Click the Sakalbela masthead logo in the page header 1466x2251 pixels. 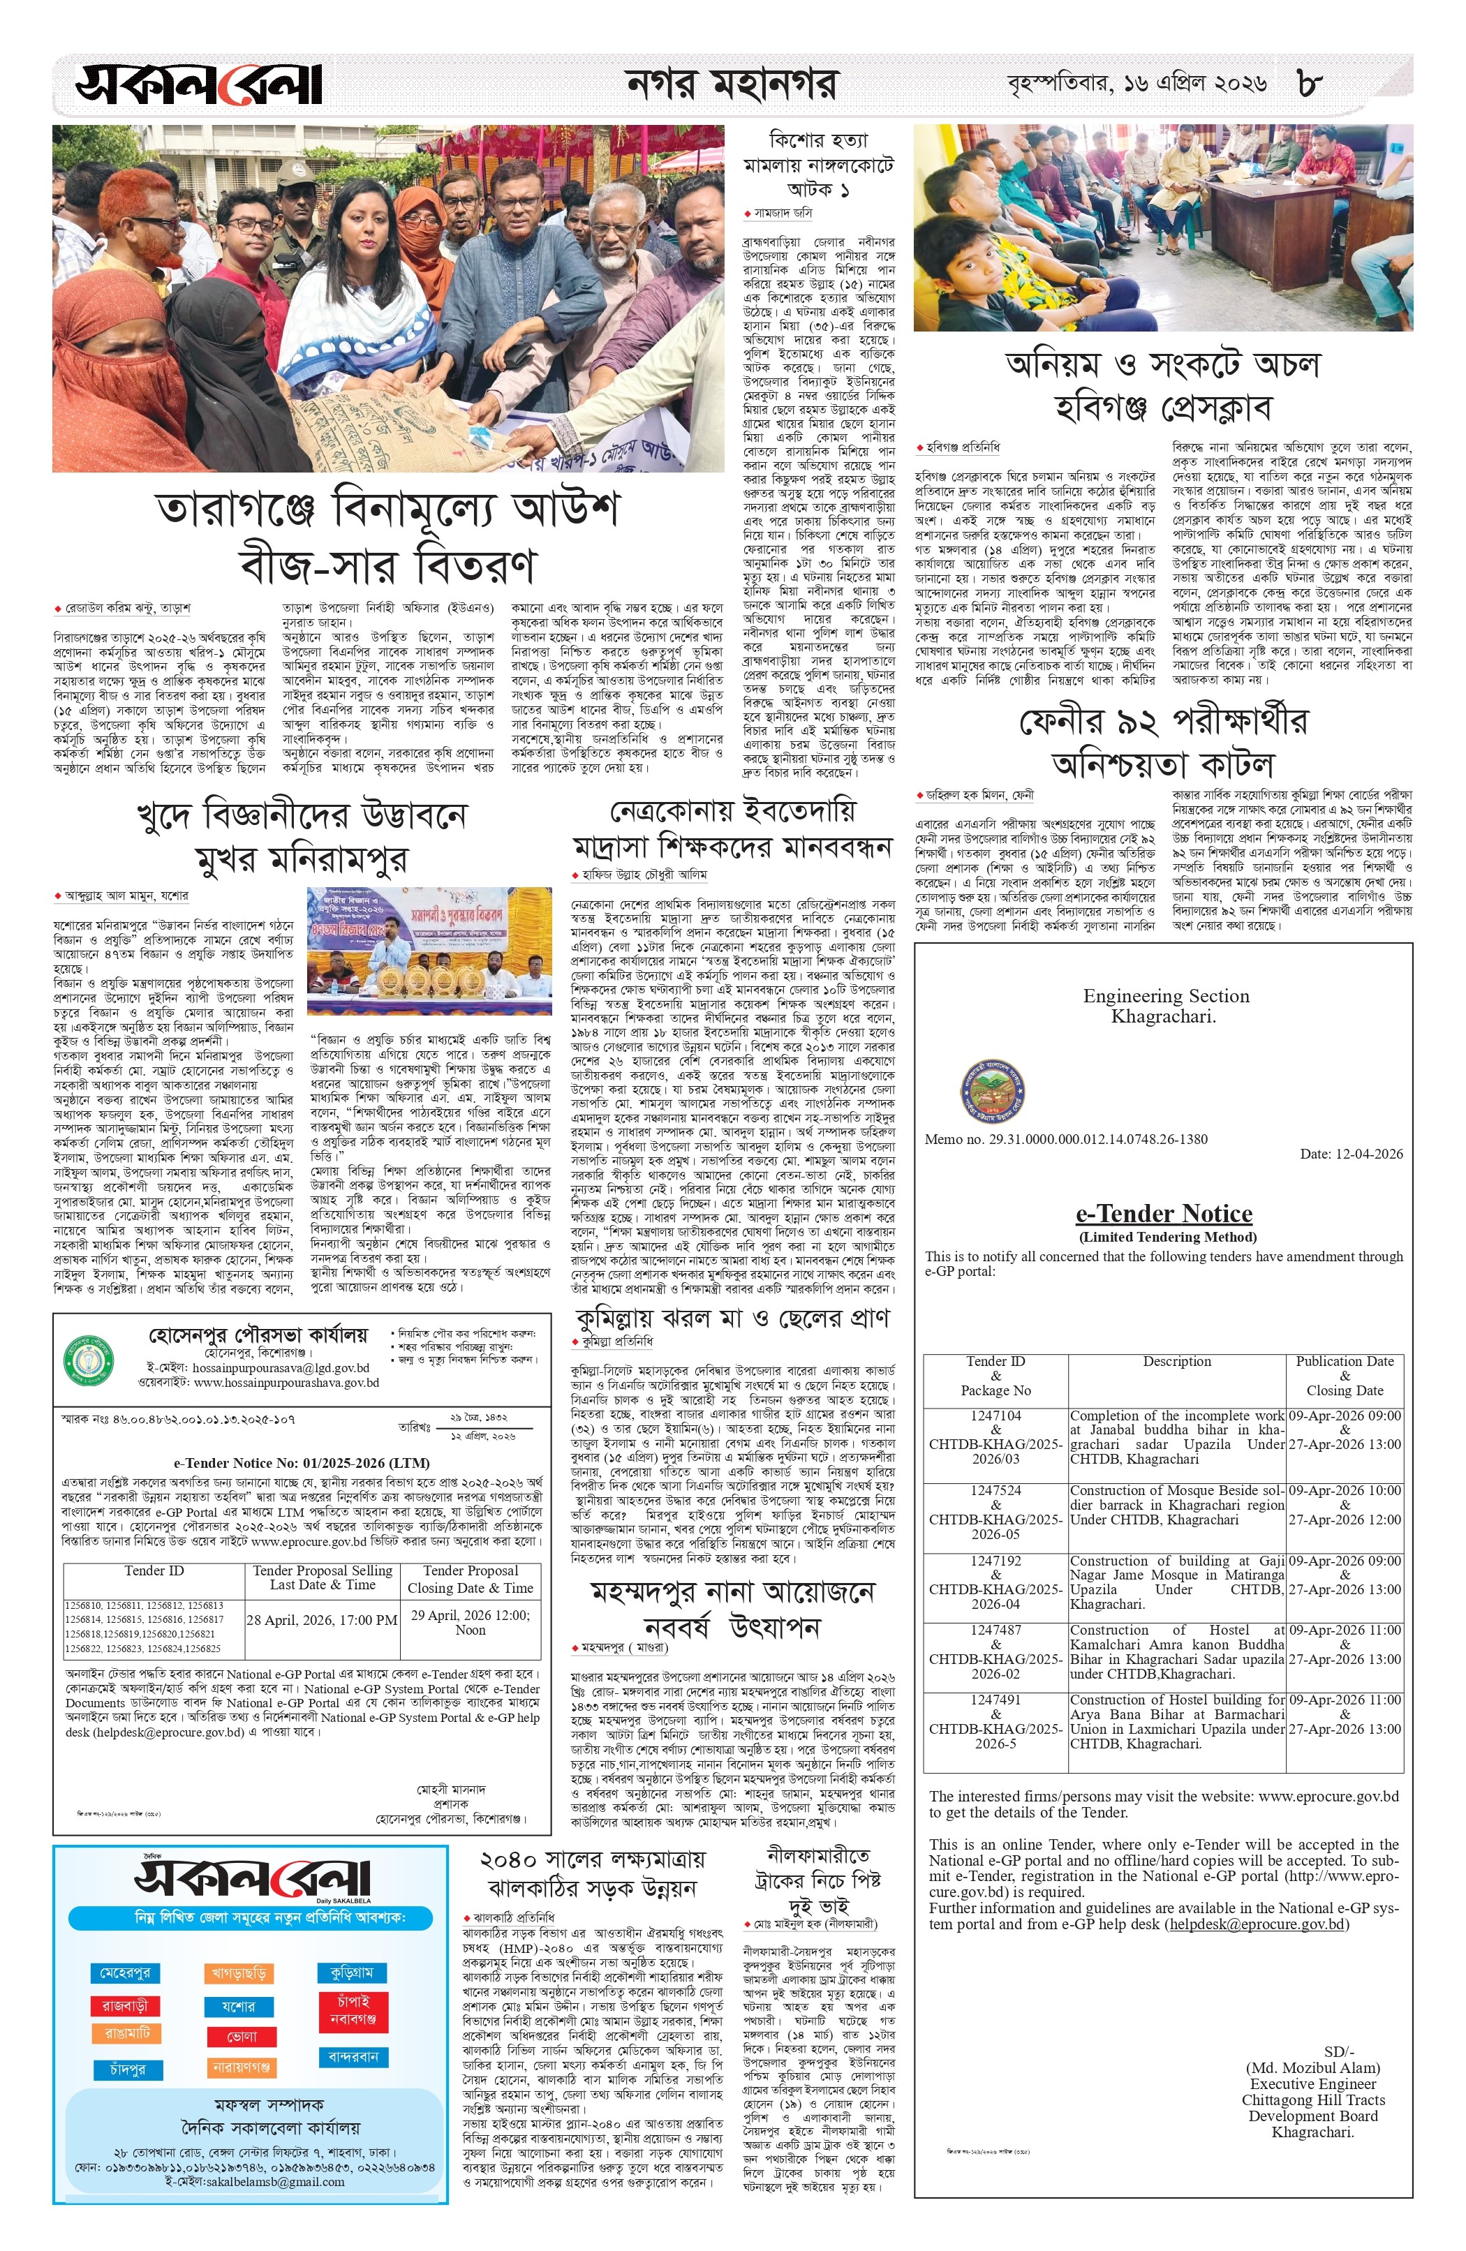200,84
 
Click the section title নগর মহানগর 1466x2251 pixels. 731,84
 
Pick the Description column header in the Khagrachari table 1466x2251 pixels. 1176,1362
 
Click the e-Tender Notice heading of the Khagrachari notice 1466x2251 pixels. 1163,1214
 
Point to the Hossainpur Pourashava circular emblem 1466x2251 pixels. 87,1359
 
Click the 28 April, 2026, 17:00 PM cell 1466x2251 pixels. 322,1619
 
